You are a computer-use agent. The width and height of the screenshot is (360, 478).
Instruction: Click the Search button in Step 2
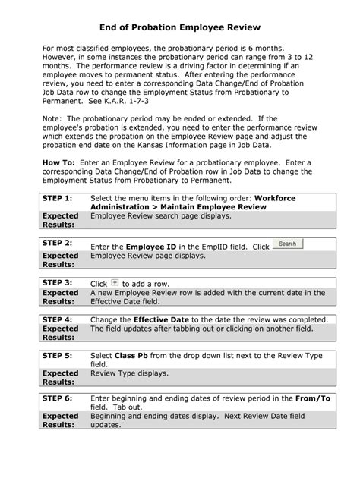(x=287, y=244)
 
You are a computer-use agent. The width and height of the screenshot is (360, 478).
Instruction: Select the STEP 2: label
(x=57, y=243)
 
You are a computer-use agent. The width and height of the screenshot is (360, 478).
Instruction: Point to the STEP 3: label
(x=57, y=282)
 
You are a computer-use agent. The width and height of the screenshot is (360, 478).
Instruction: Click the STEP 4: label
(x=57, y=319)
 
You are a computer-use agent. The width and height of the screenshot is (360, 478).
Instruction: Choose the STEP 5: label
(x=57, y=354)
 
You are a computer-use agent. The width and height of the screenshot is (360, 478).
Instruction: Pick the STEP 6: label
(x=57, y=398)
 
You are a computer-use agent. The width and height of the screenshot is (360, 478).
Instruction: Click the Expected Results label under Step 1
(x=60, y=220)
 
